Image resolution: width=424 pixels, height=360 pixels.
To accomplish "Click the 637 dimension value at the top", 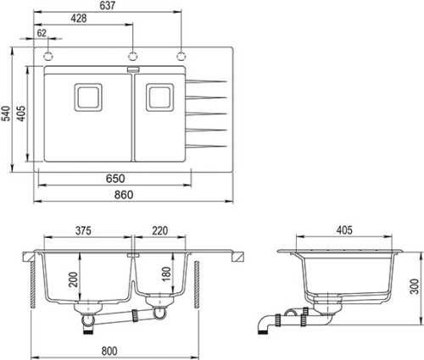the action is pos(108,6).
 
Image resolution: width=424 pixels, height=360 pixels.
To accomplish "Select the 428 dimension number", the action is pos(79,19).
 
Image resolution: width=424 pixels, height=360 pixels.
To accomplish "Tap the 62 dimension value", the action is pos(42,33).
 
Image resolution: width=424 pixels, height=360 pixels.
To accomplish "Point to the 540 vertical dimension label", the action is pos(6,114).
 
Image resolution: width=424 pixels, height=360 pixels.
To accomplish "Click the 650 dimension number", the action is pos(115,179).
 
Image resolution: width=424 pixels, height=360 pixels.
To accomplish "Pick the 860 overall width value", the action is pos(124,195).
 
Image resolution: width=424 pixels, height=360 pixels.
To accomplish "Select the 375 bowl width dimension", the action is pos(83,230).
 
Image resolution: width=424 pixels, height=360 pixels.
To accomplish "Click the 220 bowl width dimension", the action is pos(160,230).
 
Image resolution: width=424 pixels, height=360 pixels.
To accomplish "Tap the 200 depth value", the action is pos(74,280).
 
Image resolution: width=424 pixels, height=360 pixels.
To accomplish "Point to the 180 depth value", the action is pos(166,274).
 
